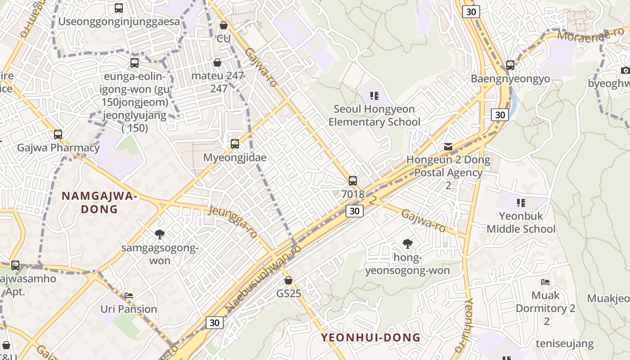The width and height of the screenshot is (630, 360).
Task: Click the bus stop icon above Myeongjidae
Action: pos(234,144)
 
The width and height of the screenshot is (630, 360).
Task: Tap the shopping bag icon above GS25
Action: pos(288,280)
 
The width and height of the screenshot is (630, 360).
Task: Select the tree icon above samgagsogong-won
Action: pos(159,234)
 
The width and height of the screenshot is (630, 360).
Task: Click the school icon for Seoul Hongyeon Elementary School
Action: pos(374,95)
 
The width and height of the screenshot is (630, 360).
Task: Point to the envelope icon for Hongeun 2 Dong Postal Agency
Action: pos(448,146)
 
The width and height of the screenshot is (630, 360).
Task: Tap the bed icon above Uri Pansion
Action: pos(129,296)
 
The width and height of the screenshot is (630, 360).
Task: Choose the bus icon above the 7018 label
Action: pos(353,181)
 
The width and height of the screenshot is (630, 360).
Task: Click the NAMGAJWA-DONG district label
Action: pos(99,202)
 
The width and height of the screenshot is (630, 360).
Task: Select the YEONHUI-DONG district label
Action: pos(370,337)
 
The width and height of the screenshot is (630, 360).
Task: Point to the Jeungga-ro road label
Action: pos(233,221)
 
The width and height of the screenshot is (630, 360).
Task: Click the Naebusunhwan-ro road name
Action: pos(263,279)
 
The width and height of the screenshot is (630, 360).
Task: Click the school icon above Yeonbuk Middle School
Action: pos(521,203)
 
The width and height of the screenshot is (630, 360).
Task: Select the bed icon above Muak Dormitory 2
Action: pos(545,282)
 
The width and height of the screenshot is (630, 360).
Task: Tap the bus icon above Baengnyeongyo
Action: pos(510,65)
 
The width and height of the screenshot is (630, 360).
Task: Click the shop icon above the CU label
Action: pos(223,25)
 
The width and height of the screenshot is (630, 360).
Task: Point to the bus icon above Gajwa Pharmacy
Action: pos(58,134)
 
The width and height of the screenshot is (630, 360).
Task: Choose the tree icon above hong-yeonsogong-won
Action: pos(407,244)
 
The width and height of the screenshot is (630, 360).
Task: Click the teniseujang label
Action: pos(564,344)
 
